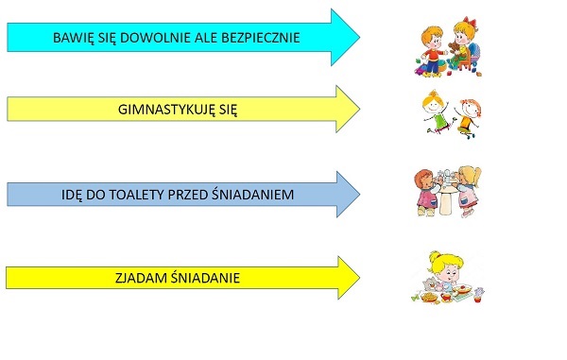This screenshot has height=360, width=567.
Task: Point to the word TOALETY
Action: (137, 195)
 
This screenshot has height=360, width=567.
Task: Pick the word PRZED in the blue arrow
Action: (188, 195)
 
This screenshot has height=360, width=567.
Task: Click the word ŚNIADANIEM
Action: (252, 194)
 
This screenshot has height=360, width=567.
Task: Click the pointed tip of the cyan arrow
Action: (359, 37)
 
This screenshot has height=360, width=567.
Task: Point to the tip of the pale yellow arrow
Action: (359, 109)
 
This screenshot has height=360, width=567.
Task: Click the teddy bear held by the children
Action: (454, 51)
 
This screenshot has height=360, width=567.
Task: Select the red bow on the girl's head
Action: (470, 21)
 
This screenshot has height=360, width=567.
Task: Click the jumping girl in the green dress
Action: (436, 111)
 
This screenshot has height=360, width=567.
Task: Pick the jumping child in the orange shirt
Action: (468, 118)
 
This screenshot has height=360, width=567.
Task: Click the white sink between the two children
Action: (446, 195)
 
